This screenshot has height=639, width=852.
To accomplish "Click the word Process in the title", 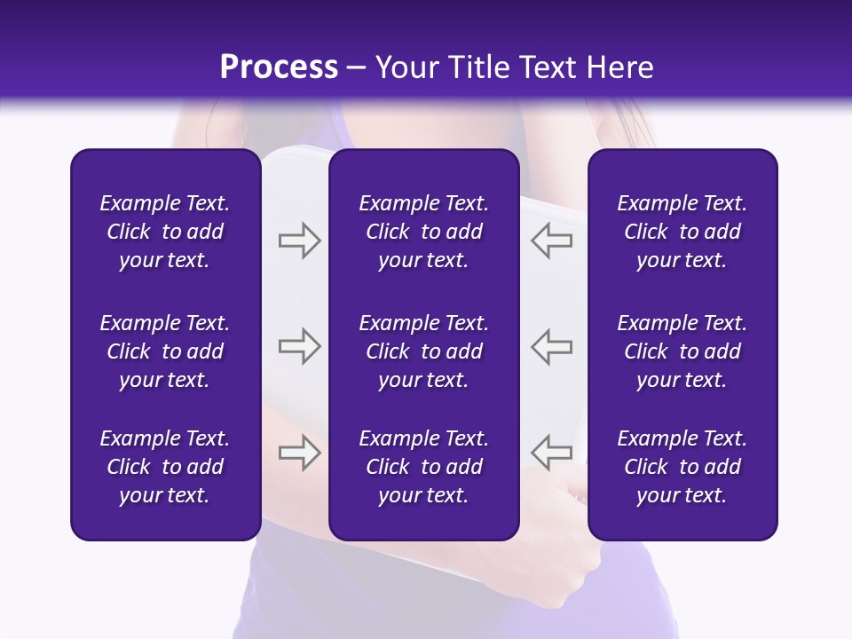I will point(279,67).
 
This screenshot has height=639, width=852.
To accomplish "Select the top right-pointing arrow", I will point(299,241).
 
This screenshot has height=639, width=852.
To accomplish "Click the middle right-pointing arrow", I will point(299,346).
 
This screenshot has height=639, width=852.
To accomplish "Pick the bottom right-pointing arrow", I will point(299,453).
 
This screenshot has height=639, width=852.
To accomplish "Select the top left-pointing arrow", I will point(552,241).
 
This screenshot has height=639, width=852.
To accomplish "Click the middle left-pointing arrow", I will point(552,346).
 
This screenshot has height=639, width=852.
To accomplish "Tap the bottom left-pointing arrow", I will point(552,453).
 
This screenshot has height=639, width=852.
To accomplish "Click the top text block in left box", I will point(165,232).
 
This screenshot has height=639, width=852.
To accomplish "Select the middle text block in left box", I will point(165,351).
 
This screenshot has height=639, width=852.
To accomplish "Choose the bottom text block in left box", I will point(165,467).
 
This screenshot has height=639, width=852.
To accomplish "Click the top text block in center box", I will point(423,232).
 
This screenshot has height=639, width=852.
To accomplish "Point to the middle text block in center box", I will point(423,351).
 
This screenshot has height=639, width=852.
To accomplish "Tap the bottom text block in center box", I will point(423,467).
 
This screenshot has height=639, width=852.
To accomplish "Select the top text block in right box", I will point(682,232).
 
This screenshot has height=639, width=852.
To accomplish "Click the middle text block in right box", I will point(682,351).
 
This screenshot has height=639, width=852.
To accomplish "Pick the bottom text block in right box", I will point(682,467).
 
